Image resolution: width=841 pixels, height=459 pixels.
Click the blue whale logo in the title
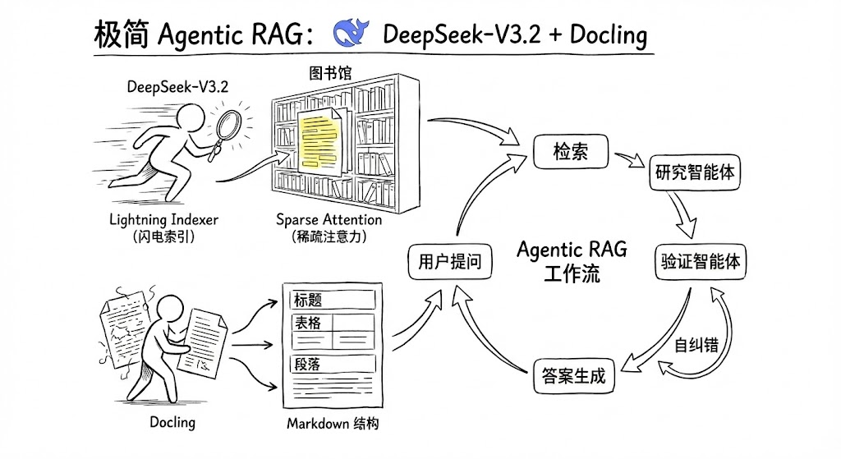353,33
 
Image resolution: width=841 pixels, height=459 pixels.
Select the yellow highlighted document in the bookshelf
319,137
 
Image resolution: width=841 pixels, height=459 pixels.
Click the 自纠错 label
696,344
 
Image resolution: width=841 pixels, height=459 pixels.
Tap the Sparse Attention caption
329,219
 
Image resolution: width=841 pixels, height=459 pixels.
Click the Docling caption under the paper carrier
172,422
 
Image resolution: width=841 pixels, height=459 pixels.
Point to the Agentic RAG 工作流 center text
572,259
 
